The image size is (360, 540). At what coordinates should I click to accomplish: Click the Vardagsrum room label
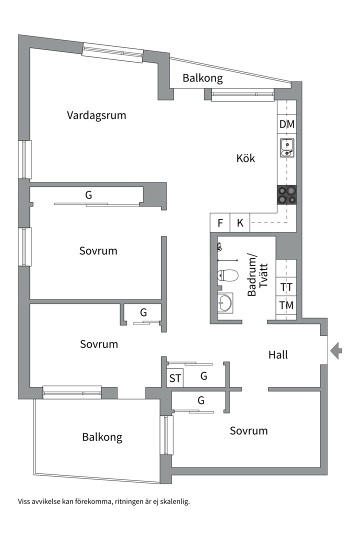click(96, 115)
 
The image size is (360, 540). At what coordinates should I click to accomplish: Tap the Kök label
click(245, 158)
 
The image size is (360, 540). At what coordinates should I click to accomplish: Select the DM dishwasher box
click(287, 124)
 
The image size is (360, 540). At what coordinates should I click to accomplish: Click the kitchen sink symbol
click(287, 148)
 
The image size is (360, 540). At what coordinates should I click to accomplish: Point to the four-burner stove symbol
click(287, 194)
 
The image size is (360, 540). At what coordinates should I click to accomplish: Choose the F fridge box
click(219, 223)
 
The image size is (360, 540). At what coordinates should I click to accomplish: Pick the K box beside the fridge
click(240, 223)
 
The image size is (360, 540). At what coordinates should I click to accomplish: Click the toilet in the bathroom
click(227, 275)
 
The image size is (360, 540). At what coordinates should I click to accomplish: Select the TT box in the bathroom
click(286, 287)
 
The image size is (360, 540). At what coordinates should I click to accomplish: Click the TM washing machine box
click(286, 305)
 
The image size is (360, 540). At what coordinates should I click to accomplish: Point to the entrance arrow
click(336, 350)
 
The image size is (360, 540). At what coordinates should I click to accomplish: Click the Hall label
click(278, 355)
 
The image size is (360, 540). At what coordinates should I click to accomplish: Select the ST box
click(175, 378)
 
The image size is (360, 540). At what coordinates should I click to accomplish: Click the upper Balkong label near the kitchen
click(202, 78)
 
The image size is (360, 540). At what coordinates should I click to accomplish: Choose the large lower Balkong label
click(102, 437)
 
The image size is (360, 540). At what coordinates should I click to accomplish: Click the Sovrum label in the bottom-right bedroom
click(248, 430)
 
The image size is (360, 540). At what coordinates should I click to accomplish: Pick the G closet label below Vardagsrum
click(88, 195)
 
